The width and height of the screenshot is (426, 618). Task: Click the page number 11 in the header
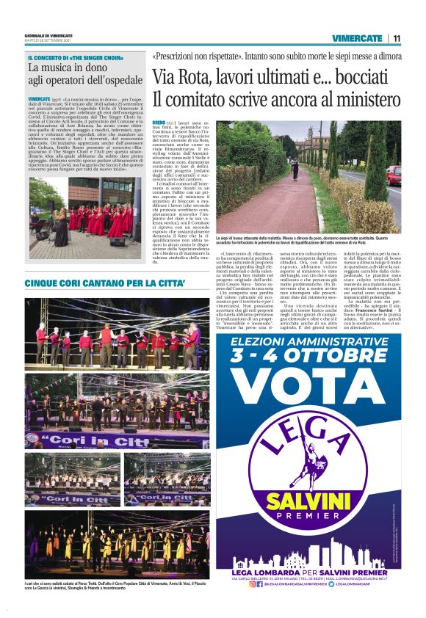click(x=397, y=37)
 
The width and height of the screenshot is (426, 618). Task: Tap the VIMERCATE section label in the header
click(x=357, y=37)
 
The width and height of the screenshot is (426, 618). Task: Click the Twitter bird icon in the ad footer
click(x=350, y=584)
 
